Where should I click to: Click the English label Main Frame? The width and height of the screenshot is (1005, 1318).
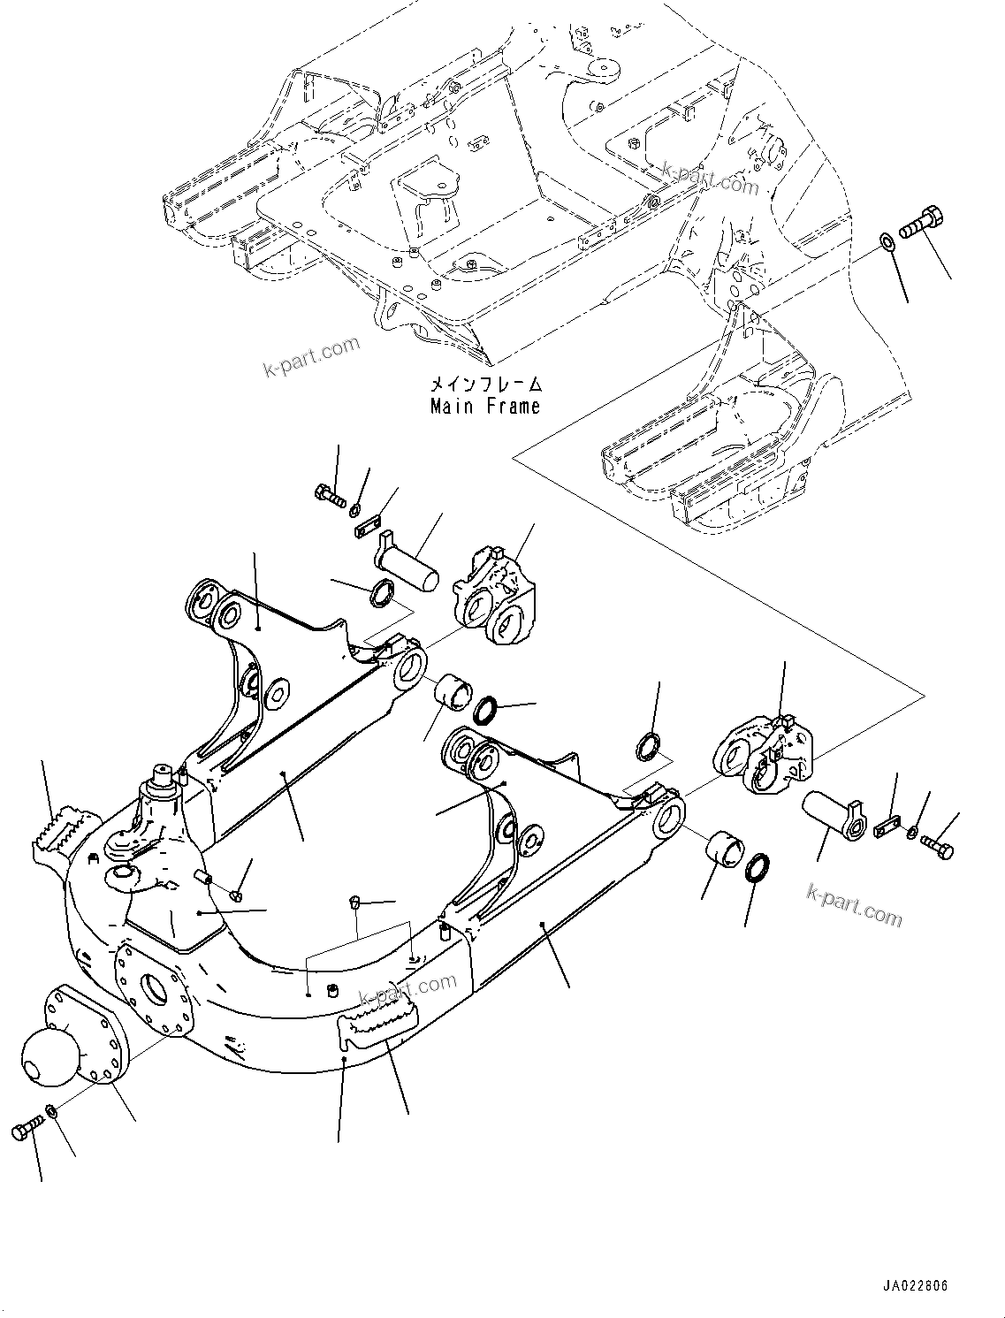click(x=484, y=407)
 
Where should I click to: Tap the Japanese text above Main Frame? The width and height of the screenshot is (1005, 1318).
click(x=484, y=385)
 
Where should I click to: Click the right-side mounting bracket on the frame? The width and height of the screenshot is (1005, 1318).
click(x=762, y=755)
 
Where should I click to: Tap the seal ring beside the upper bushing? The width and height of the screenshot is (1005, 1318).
click(x=487, y=684)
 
